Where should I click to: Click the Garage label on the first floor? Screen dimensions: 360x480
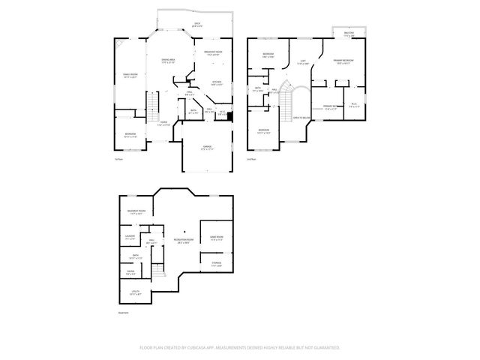click(x=207, y=148)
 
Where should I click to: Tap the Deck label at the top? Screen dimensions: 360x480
click(x=197, y=25)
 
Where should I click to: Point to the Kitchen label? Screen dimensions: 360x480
click(x=216, y=83)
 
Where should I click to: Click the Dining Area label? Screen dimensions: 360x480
click(x=169, y=60)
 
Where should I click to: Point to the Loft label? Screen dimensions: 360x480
click(x=303, y=63)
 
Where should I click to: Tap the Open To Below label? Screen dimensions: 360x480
click(x=302, y=118)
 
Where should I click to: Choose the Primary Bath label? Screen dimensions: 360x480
click(x=328, y=108)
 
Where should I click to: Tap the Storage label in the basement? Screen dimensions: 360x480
click(x=216, y=264)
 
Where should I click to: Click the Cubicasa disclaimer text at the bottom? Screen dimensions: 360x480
click(x=240, y=348)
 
